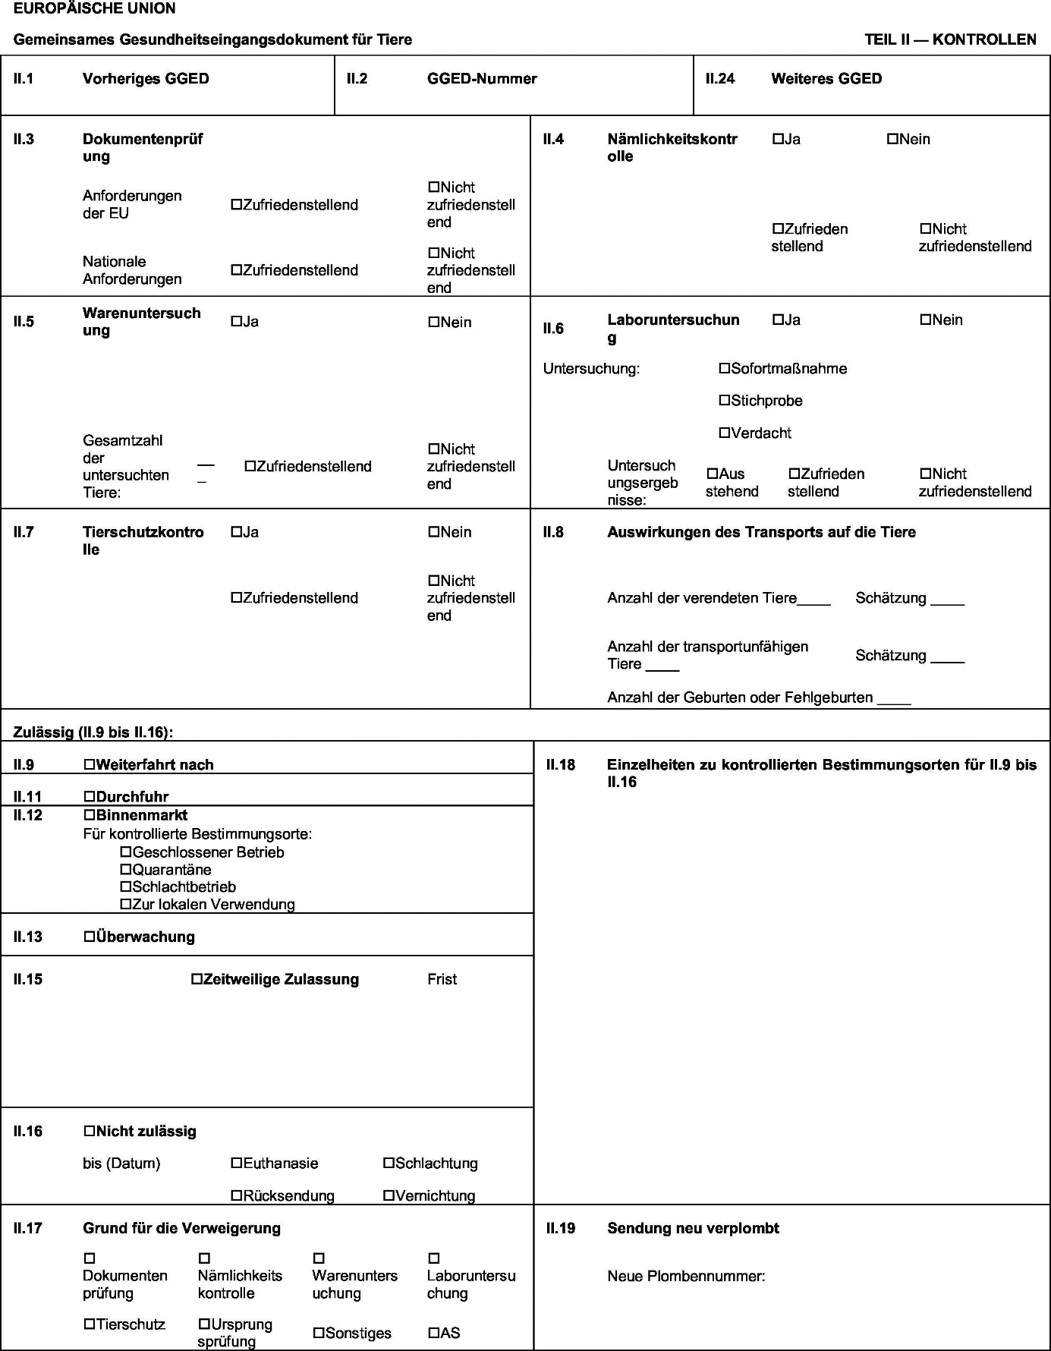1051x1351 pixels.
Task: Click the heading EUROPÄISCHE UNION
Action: [x=94, y=9]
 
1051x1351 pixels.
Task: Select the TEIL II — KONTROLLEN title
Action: [x=950, y=39]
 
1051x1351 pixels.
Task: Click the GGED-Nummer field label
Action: [x=482, y=79]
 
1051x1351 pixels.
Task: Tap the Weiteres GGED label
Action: [x=826, y=79]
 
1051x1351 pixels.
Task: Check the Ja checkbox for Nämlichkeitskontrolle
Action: [x=778, y=140]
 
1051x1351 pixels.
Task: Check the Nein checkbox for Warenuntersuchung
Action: [x=434, y=323]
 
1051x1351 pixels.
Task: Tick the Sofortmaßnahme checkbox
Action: [x=725, y=369]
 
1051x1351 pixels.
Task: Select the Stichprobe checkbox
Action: [x=725, y=401]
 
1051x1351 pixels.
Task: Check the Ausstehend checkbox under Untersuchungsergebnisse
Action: [x=713, y=474]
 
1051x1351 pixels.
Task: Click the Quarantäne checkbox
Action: [x=126, y=870]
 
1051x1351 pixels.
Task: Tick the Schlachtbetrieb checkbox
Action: [x=126, y=887]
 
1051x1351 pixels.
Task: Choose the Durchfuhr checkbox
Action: [x=90, y=797]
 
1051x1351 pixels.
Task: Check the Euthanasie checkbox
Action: [x=237, y=1164]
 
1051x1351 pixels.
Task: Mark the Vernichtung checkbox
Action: [x=389, y=1196]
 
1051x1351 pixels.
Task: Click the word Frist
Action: [x=442, y=980]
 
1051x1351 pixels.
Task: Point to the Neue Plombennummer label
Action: [x=686, y=1277]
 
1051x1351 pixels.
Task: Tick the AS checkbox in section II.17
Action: [x=434, y=1334]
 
